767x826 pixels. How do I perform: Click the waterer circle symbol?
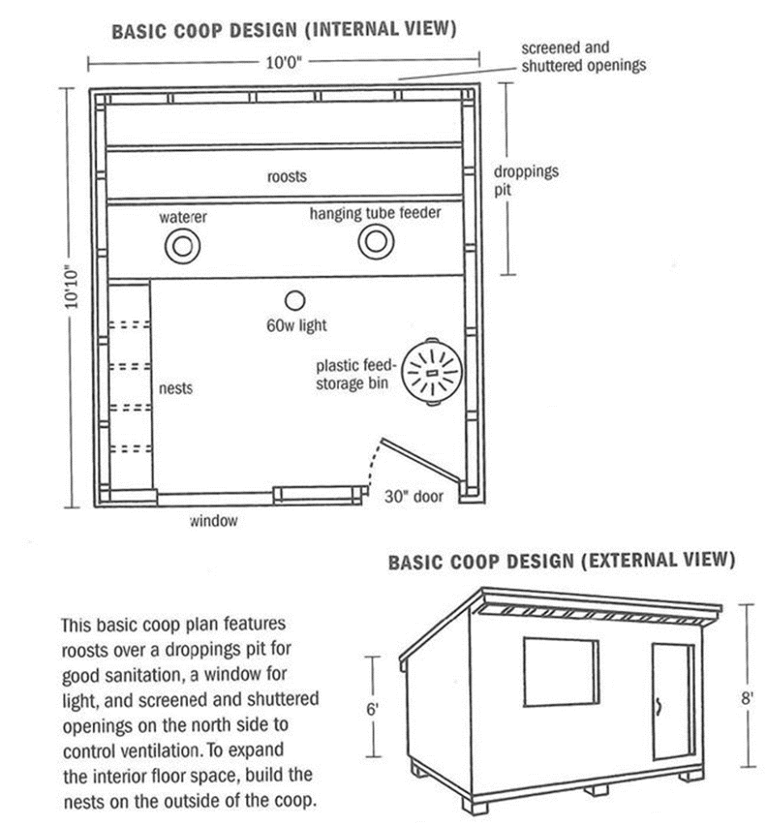[182, 245]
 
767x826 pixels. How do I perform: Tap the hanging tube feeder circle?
[375, 241]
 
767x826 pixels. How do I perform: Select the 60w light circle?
[295, 301]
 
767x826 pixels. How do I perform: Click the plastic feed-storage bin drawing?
[432, 371]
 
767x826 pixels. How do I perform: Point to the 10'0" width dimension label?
[284, 61]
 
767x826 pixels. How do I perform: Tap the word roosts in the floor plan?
[287, 176]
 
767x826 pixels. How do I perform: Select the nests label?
[177, 388]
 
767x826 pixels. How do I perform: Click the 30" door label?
[413, 497]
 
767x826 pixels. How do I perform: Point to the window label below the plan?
[214, 521]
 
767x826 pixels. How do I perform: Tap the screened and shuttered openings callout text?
[583, 57]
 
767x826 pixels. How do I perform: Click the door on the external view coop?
[673, 701]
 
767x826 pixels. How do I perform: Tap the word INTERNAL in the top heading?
[350, 31]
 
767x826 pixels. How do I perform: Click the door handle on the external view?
[660, 707]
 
